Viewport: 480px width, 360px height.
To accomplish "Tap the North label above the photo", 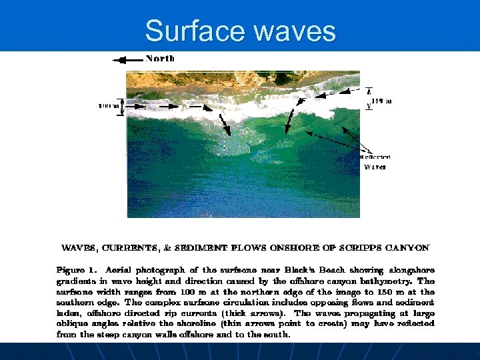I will pyautogui.click(x=160, y=59).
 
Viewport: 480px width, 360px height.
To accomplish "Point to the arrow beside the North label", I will pyautogui.click(x=128, y=59).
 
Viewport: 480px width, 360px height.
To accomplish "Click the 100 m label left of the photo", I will pyautogui.click(x=109, y=105).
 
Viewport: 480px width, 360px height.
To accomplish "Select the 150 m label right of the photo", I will pyautogui.click(x=382, y=101).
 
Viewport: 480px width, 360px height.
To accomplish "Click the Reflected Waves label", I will pyautogui.click(x=375, y=162).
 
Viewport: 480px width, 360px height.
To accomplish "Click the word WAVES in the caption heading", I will pyautogui.click(x=79, y=248).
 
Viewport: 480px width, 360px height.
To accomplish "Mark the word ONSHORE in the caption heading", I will pyautogui.click(x=294, y=248).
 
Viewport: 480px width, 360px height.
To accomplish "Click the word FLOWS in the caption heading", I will pyautogui.click(x=249, y=248).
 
